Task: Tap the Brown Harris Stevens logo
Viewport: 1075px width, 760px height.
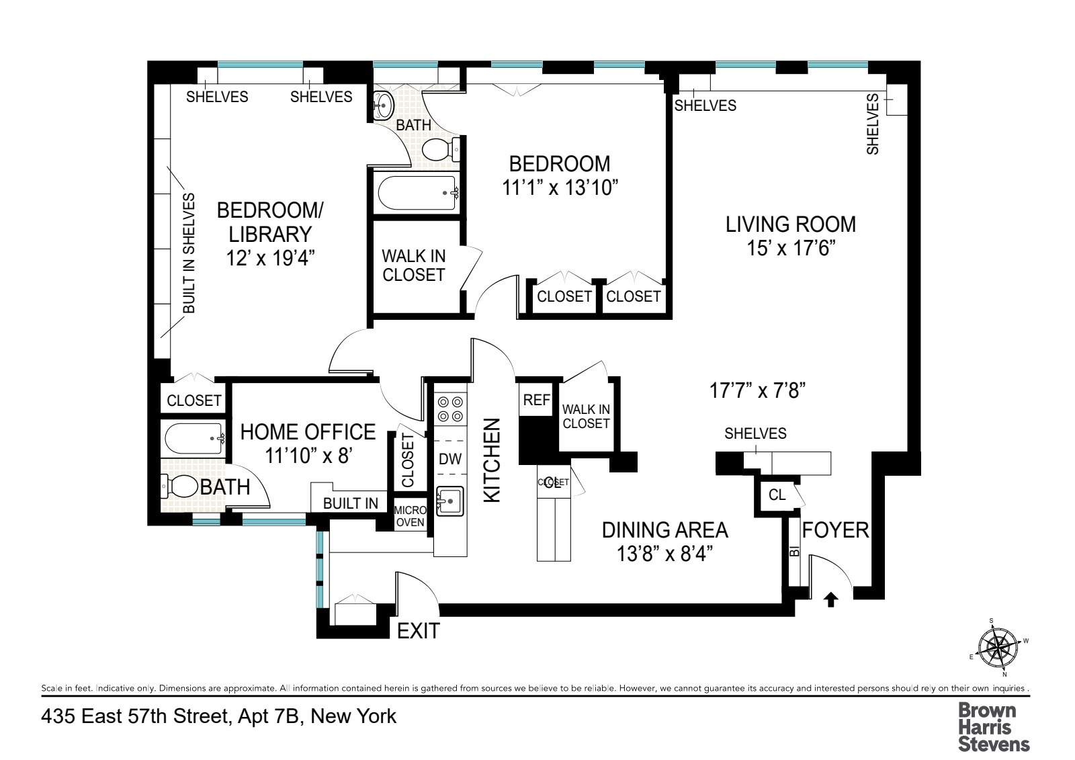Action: click(993, 726)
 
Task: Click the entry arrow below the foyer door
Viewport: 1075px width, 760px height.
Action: click(831, 599)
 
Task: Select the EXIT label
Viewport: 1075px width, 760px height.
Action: click(418, 631)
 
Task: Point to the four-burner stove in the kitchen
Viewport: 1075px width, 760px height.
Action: click(450, 409)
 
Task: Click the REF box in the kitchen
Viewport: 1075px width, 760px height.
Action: click(536, 400)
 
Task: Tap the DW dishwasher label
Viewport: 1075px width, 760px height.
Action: click(450, 459)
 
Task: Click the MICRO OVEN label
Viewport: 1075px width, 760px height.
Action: click(410, 516)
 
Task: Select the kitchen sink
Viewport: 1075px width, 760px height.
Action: click(450, 501)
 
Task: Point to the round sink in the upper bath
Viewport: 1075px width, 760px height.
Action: click(383, 104)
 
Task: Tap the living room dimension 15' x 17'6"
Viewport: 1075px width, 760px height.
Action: click(791, 249)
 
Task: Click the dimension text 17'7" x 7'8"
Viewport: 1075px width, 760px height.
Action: click(757, 390)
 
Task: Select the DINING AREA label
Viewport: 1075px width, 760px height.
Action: click(664, 530)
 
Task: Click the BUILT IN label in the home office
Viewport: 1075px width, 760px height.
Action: click(350, 503)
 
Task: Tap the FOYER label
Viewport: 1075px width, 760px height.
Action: click(835, 530)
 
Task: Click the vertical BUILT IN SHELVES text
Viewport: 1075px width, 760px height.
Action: click(189, 253)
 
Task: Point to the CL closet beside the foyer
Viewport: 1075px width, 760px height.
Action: click(777, 495)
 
